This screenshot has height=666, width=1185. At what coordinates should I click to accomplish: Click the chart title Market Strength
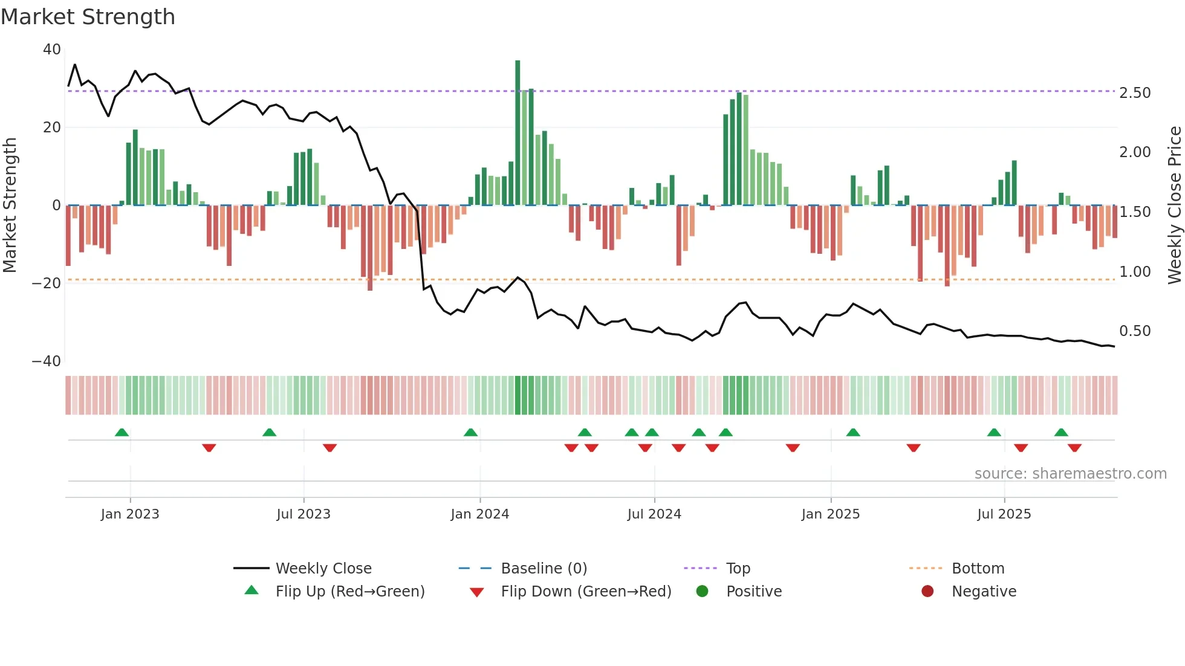click(88, 17)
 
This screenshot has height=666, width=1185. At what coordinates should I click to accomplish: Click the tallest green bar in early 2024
click(518, 133)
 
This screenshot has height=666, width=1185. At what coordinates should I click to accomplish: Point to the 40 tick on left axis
click(52, 50)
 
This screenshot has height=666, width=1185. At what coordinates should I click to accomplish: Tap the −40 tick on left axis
click(47, 361)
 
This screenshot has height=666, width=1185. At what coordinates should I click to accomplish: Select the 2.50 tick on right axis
click(1135, 93)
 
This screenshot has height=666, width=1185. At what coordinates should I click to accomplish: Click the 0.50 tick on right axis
click(1135, 331)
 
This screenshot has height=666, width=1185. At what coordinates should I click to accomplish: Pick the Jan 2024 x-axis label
click(480, 514)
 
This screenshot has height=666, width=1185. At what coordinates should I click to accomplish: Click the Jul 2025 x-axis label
click(1004, 514)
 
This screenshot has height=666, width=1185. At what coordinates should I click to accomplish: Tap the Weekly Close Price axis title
click(1174, 205)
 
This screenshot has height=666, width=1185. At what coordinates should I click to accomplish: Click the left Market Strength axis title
click(10, 205)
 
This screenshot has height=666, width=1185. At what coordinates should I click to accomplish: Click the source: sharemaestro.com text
click(1070, 474)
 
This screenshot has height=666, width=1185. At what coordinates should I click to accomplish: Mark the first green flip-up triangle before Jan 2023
click(122, 433)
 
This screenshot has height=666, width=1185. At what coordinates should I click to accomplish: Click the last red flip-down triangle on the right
click(1074, 448)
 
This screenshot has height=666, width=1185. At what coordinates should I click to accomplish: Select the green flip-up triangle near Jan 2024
click(470, 433)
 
